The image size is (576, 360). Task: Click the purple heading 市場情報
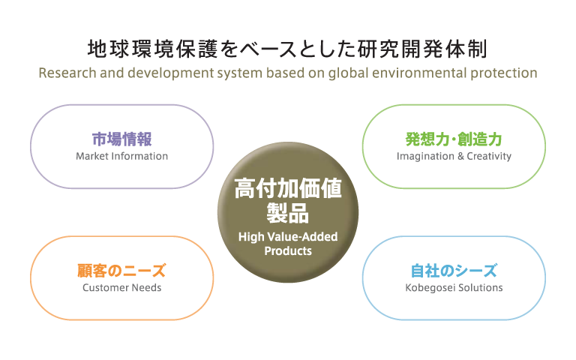point(121,139)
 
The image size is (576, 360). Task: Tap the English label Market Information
point(122,156)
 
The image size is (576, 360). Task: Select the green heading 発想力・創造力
point(454,139)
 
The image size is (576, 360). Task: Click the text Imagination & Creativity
point(454,157)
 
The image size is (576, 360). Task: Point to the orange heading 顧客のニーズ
point(121,271)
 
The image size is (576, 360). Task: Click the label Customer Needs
point(122,288)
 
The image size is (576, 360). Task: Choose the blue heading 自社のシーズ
point(454,271)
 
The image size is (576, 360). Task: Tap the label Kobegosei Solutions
point(454,288)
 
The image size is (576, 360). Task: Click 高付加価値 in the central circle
point(288,188)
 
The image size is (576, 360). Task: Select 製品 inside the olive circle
point(288,213)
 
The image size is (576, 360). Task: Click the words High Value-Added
point(288,237)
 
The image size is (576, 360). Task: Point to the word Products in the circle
point(288,251)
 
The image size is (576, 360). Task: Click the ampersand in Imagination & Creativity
point(460,157)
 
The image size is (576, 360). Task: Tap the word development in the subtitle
point(170,73)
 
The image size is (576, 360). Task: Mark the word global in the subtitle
point(348,73)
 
